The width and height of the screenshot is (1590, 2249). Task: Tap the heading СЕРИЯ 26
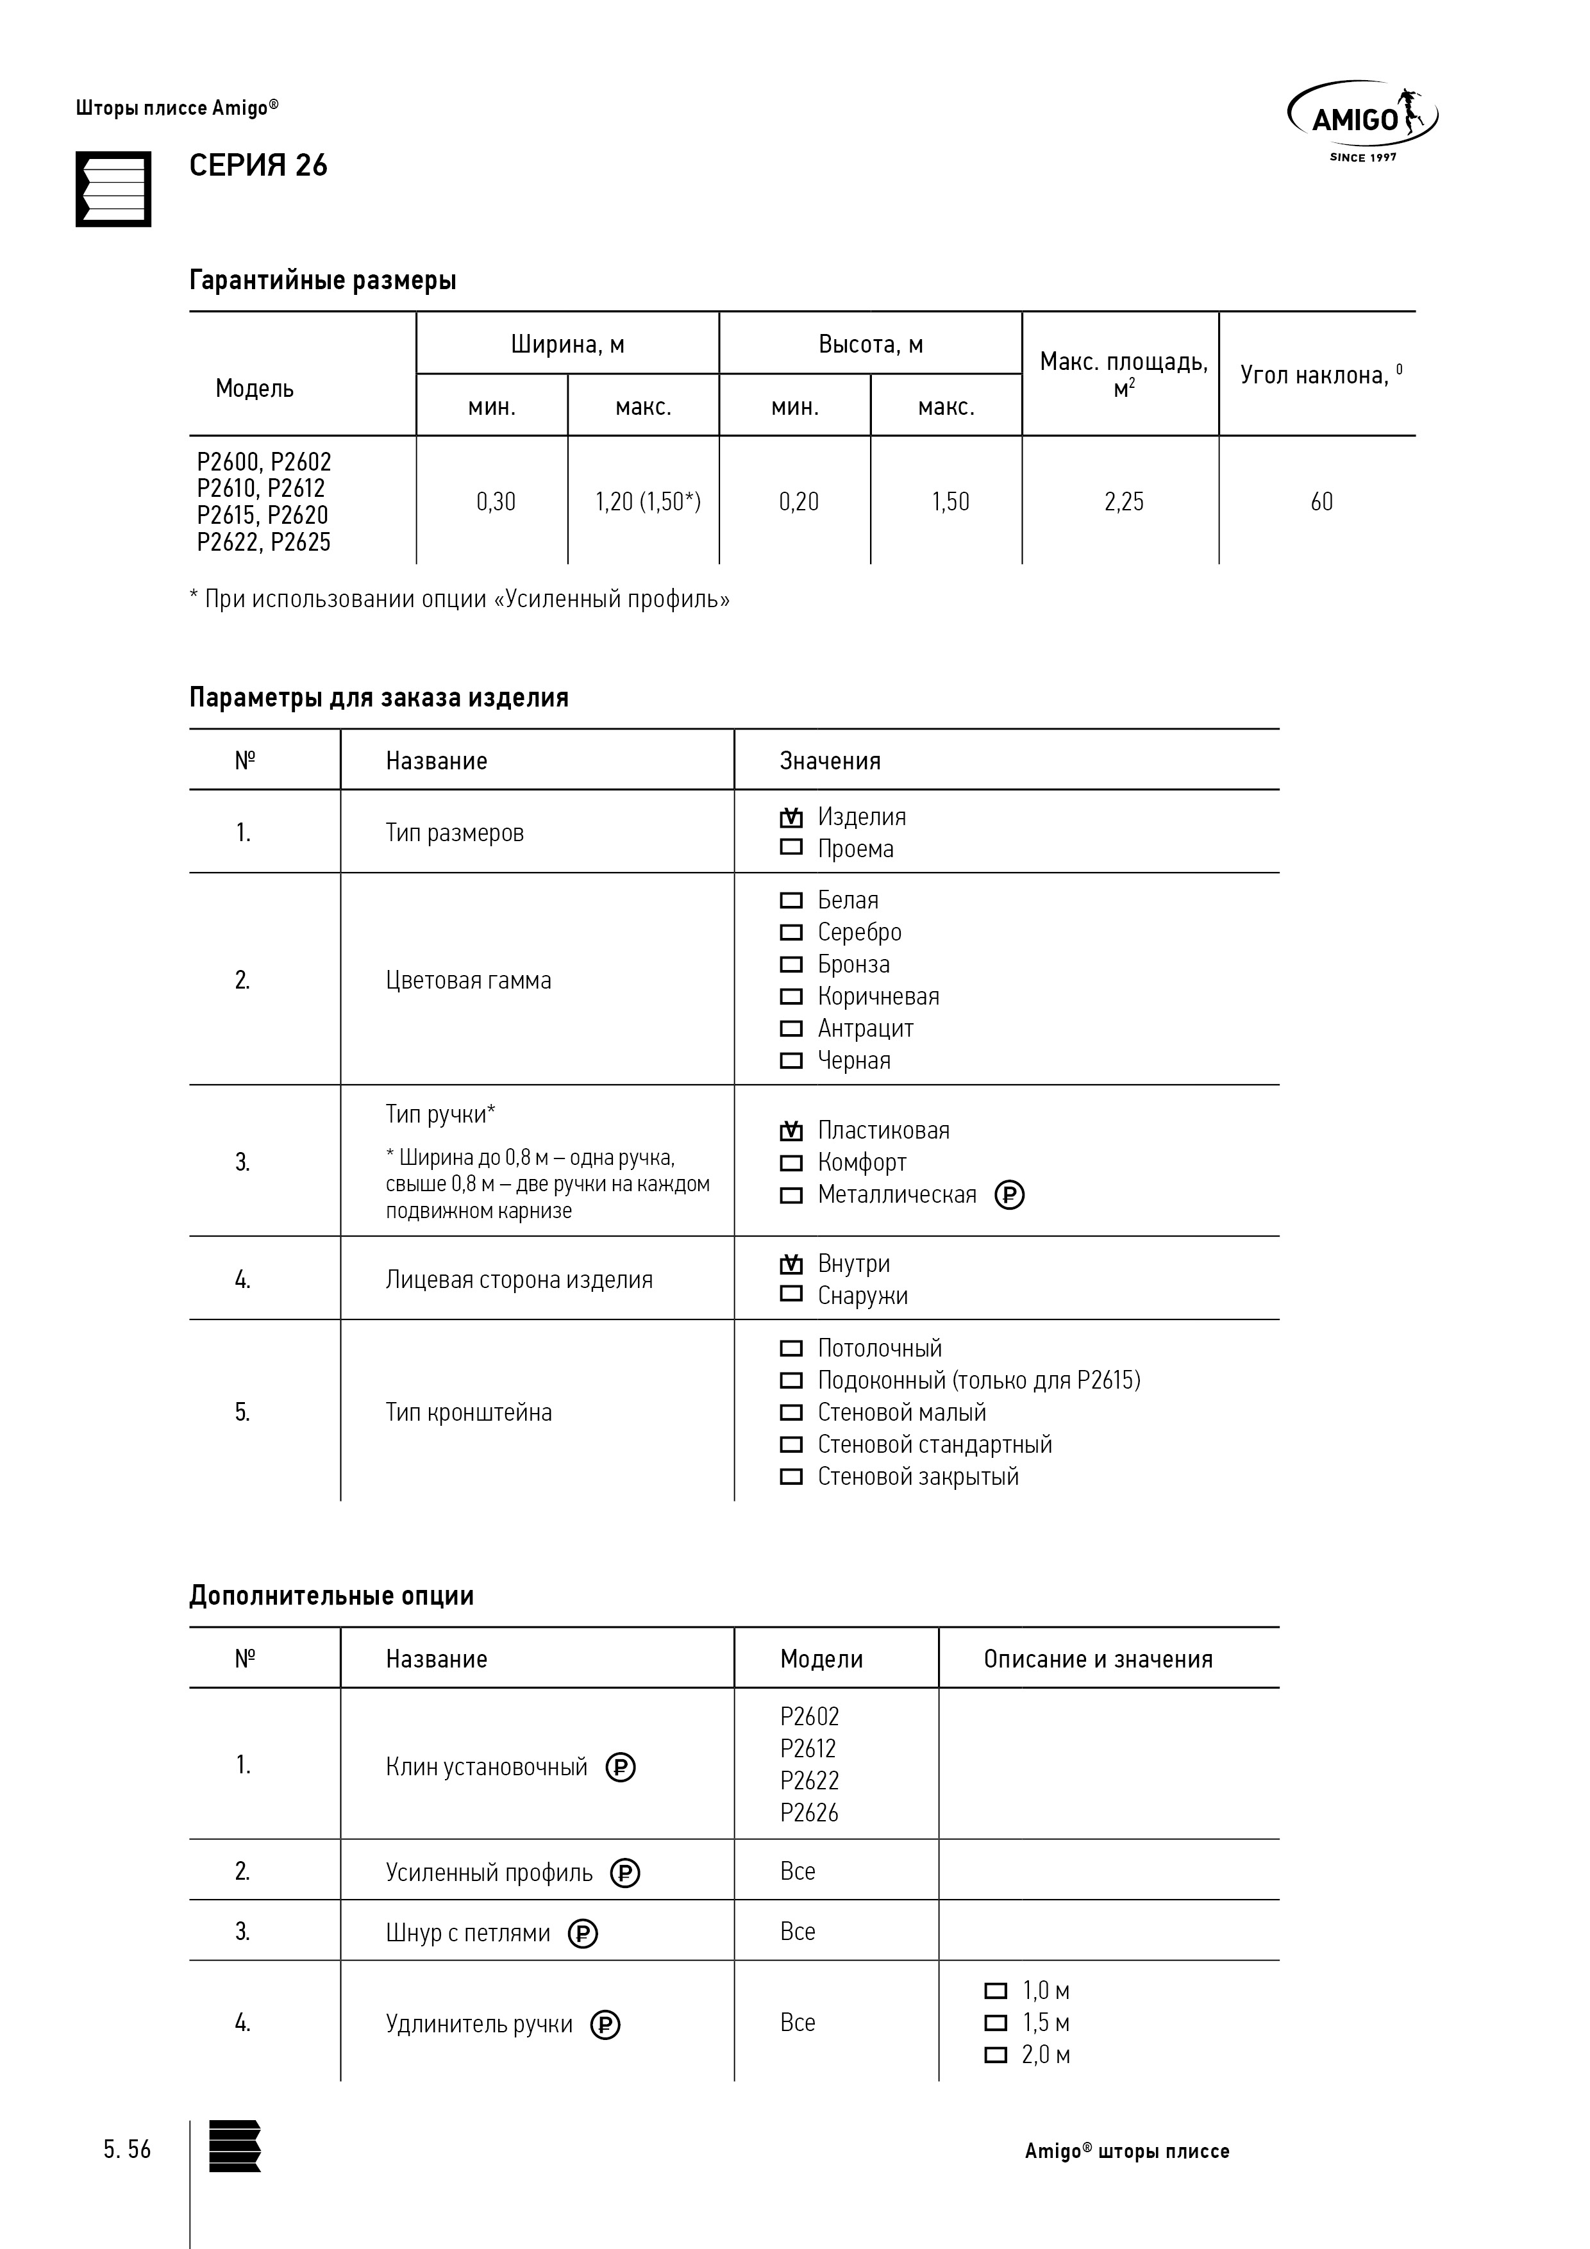[258, 165]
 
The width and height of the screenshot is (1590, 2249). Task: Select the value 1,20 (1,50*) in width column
[648, 501]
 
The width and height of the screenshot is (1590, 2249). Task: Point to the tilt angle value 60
[1321, 501]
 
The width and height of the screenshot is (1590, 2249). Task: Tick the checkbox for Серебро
[791, 932]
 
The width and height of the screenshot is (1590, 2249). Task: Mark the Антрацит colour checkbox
[791, 1028]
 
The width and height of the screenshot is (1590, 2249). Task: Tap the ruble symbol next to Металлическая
[1009, 1195]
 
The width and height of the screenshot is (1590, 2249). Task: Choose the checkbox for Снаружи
[791, 1294]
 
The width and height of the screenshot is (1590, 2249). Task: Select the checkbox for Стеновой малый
[791, 1412]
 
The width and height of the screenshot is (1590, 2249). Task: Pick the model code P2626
[809, 1812]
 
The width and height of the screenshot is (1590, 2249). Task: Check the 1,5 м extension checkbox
[995, 2022]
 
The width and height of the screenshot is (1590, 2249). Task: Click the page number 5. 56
[128, 2149]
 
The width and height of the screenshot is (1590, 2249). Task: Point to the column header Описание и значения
[1097, 1659]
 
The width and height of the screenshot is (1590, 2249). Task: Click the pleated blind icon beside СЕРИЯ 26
[113, 189]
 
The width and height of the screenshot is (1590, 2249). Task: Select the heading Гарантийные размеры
[322, 281]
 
